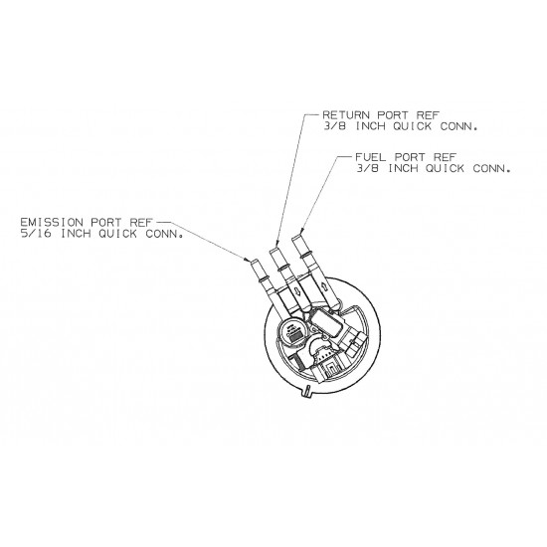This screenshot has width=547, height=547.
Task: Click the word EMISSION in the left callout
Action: coord(52,222)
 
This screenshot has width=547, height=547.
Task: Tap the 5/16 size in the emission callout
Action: coord(36,234)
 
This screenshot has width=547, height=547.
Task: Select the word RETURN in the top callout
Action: coord(346,114)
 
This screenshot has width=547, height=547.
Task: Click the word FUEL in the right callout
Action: coord(371,157)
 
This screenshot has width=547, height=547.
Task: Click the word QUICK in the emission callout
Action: coord(117,234)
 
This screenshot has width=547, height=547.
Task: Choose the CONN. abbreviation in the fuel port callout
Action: coord(492,168)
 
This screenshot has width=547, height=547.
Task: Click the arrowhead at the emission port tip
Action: coord(247,260)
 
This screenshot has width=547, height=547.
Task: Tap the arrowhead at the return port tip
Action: coord(277,243)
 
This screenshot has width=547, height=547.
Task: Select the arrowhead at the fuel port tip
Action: coord(301,231)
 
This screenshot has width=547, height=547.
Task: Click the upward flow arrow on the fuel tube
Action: coord(322,286)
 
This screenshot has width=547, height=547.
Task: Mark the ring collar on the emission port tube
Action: coord(262,278)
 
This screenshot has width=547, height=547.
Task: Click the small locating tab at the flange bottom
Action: coord(307,391)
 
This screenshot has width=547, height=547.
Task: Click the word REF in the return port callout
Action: coord(428,114)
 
